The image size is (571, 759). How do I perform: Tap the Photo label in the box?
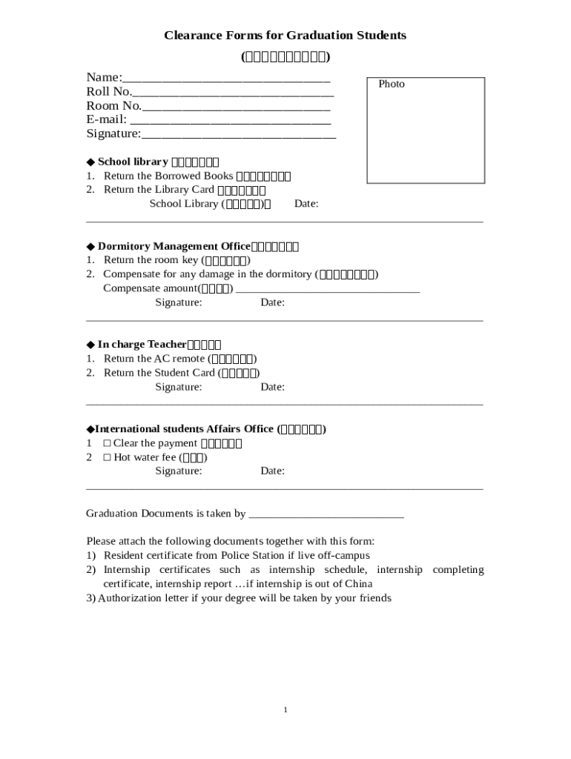(x=392, y=84)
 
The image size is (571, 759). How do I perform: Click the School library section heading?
(x=133, y=162)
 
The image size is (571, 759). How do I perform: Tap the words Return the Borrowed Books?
(x=168, y=176)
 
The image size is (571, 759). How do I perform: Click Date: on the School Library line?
(x=306, y=204)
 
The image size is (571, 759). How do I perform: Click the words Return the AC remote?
(x=154, y=359)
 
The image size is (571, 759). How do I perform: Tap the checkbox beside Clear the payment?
(x=107, y=443)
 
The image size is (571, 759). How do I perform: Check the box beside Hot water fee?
(x=107, y=457)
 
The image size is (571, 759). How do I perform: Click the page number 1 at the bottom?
(x=285, y=710)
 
